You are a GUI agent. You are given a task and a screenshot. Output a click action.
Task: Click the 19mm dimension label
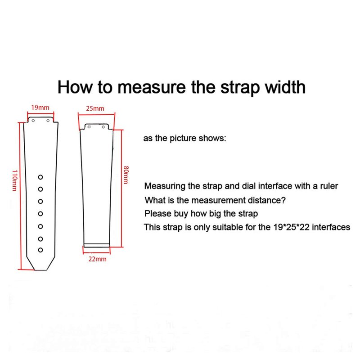pyautogui.click(x=40, y=108)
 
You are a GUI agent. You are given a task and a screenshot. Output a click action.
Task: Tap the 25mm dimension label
pyautogui.click(x=95, y=108)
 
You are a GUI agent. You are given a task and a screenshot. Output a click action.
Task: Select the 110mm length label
pyautogui.click(x=15, y=180)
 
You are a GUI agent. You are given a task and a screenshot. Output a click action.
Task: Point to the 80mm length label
pyautogui.click(x=126, y=175)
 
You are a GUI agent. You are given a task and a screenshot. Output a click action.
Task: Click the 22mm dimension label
pyautogui.click(x=98, y=259)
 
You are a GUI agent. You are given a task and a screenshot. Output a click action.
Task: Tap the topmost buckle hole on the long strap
pyautogui.click(x=40, y=177)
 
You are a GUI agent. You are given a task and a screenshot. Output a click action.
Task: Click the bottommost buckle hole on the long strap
pyautogui.click(x=40, y=250)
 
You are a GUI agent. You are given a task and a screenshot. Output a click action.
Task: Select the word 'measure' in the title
pyautogui.click(x=151, y=87)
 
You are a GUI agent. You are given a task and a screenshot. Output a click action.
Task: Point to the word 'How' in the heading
pyautogui.click(x=75, y=87)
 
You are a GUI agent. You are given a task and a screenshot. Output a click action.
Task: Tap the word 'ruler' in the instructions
pyautogui.click(x=329, y=186)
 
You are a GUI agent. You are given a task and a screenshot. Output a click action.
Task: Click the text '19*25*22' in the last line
pyautogui.click(x=291, y=227)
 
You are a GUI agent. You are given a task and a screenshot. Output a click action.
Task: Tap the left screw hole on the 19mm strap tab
pyautogui.click(x=33, y=121)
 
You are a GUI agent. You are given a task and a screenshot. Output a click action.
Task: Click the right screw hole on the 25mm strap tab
pyautogui.click(x=103, y=127)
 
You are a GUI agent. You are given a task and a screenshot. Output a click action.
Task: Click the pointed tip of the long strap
pyautogui.click(x=40, y=270)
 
